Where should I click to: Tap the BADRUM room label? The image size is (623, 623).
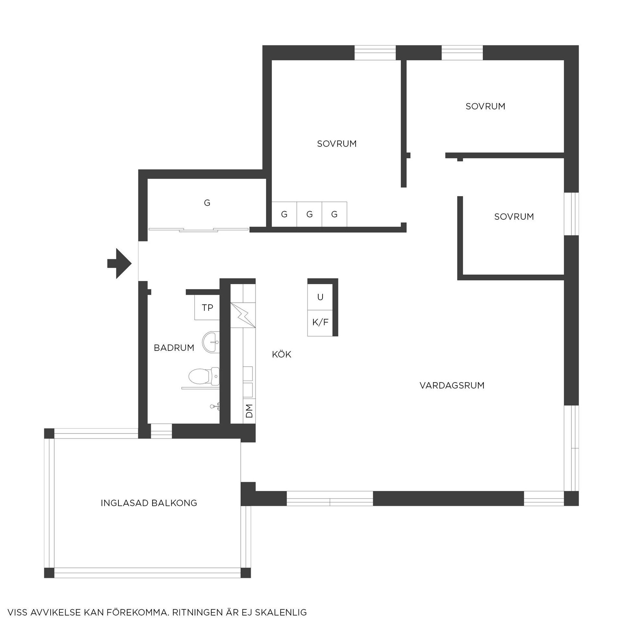[x=174, y=348]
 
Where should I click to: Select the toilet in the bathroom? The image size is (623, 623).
[x=204, y=376]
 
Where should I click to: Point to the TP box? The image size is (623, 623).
[x=207, y=307]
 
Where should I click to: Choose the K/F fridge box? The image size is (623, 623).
[x=320, y=323]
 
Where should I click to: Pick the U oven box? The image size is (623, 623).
[x=320, y=297]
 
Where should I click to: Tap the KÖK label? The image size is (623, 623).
[x=282, y=354]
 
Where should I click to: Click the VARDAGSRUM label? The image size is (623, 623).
[x=452, y=385]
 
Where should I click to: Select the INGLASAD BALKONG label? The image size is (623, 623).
[x=149, y=503]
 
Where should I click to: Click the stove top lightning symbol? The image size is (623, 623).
[x=243, y=315]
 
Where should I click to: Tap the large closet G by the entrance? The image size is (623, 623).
[x=207, y=203]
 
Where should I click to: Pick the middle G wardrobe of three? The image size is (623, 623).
[x=309, y=214]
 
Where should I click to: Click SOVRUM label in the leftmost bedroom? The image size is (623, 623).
[x=337, y=144]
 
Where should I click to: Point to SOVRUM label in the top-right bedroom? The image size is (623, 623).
[x=485, y=106]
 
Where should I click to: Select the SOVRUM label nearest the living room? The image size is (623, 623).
[x=514, y=216]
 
